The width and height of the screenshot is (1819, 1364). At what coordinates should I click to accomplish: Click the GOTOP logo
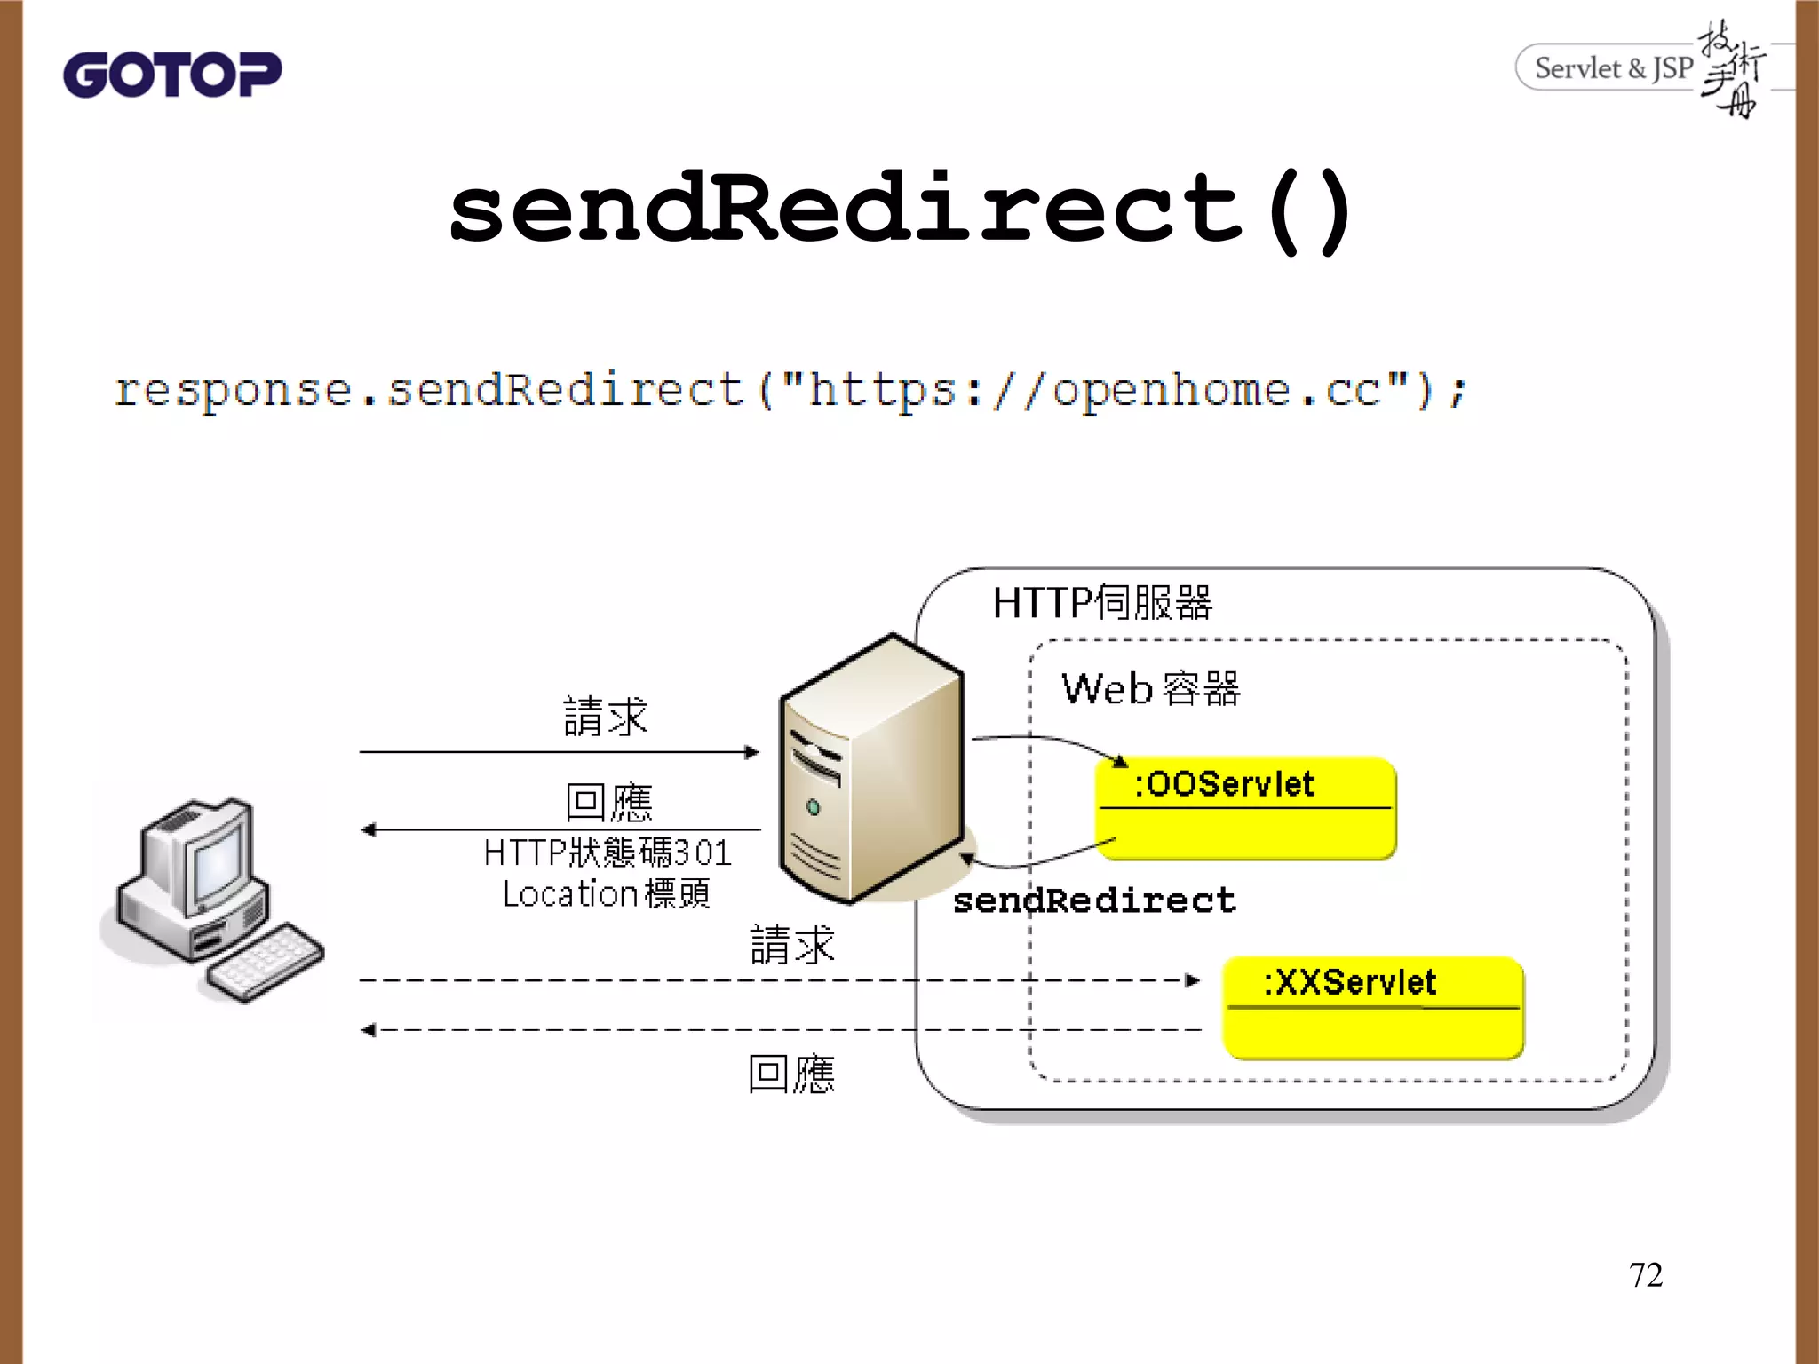coord(171,75)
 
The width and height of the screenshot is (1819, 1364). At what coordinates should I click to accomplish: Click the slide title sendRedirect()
coord(900,210)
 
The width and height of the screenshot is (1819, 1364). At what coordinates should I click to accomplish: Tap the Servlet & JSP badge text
coord(1613,68)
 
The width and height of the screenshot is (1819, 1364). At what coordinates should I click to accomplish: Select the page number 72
coord(1645,1274)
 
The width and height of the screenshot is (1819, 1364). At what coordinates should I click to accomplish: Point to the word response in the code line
coord(233,391)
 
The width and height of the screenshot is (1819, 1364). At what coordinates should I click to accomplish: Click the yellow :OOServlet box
coord(1245,808)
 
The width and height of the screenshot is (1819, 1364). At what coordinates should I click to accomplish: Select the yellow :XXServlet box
coord(1373,1008)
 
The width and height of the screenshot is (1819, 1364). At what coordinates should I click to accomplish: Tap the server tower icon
coord(870,768)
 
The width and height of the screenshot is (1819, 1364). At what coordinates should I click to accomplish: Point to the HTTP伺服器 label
coord(1101,603)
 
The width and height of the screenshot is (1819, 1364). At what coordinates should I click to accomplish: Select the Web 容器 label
coord(1150,689)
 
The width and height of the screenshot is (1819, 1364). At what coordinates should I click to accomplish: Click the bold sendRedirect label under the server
coord(1094,900)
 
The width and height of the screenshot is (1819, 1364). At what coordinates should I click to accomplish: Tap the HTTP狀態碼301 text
coord(607,852)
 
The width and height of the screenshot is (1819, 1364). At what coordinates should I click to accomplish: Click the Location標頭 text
coord(607,893)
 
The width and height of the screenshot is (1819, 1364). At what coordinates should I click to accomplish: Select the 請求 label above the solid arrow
coord(606,717)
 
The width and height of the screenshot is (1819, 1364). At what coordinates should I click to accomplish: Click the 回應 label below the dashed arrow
coord(790,1074)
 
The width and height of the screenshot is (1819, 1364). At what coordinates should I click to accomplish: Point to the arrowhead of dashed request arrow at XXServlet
coord(1193,980)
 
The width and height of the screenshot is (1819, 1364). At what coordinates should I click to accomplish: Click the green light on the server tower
coord(813,807)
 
